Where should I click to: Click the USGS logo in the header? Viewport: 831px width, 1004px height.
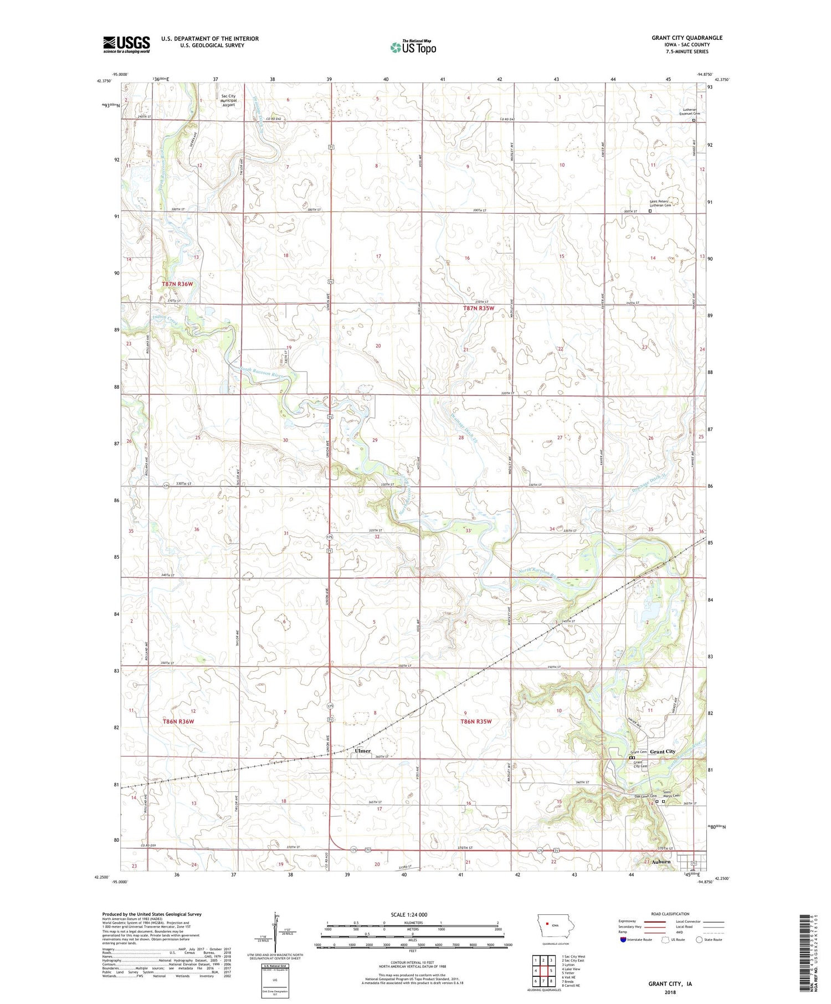click(126, 44)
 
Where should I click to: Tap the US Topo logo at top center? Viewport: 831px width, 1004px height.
click(413, 47)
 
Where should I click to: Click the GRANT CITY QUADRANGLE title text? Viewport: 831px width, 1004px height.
click(686, 38)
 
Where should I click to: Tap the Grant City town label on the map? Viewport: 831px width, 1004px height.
click(662, 751)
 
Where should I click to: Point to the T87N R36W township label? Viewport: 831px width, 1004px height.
click(178, 284)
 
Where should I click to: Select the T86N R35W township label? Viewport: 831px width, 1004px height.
click(476, 722)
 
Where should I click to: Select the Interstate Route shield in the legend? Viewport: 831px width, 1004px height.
click(623, 940)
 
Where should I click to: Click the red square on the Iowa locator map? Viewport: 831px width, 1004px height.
click(547, 923)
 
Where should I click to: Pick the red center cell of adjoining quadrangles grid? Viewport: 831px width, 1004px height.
click(551, 971)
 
